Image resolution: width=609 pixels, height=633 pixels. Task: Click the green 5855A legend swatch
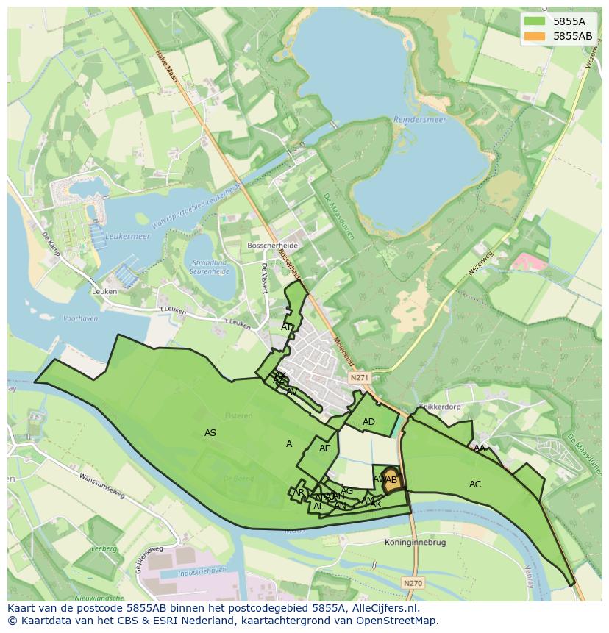(x=535, y=22)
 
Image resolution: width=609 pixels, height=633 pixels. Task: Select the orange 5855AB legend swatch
(x=535, y=35)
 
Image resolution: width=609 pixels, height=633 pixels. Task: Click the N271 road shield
(x=359, y=378)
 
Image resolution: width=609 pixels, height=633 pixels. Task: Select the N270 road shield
(x=413, y=583)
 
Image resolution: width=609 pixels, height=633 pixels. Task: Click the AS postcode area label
(x=210, y=433)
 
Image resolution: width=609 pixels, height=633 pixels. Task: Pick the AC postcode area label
(x=475, y=484)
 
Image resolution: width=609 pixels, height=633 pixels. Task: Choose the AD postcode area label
(x=368, y=422)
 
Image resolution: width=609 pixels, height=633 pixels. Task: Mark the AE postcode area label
(x=324, y=448)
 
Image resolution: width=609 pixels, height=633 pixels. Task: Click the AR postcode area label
(x=299, y=493)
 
